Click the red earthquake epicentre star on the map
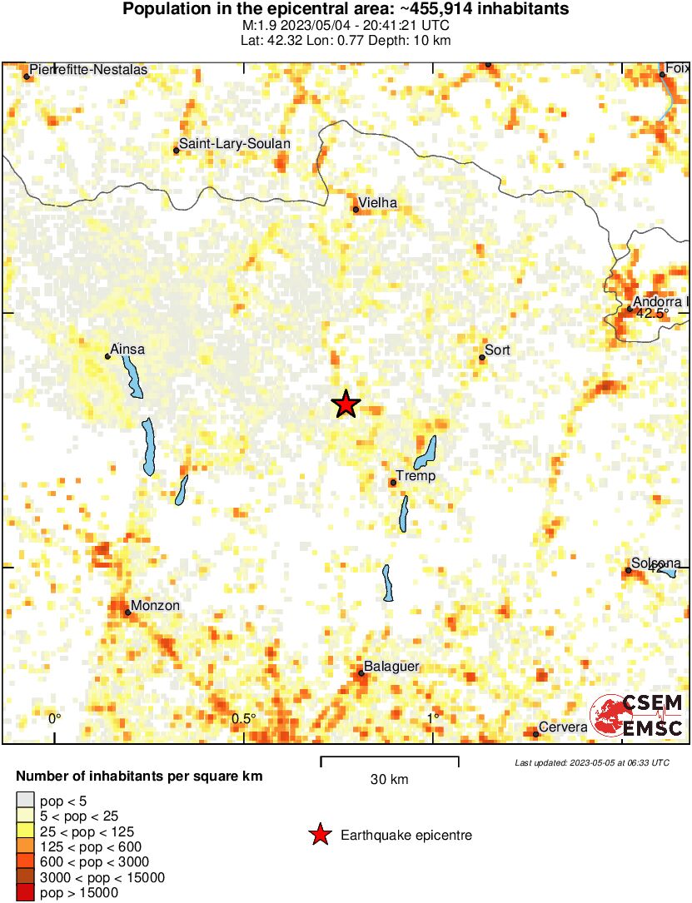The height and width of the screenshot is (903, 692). [346, 404]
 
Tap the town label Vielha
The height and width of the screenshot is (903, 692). [377, 202]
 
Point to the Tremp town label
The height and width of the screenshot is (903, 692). [416, 476]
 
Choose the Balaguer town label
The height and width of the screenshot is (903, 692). [391, 667]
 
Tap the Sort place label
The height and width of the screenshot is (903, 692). [497, 350]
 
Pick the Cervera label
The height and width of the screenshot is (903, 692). [563, 727]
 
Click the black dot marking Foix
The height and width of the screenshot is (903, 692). [662, 75]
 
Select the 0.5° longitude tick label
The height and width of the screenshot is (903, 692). [243, 718]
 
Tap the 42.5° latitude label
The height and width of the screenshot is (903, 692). [652, 314]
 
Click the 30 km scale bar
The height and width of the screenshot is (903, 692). [389, 758]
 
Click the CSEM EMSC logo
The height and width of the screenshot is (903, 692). [636, 716]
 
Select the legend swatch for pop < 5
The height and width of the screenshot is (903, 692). [26, 801]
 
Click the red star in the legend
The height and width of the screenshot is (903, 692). [319, 835]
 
